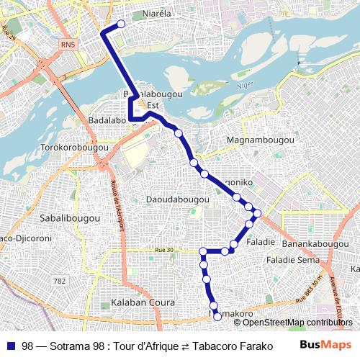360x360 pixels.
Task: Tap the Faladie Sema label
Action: tap(293, 259)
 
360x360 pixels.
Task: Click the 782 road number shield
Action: tap(60, 280)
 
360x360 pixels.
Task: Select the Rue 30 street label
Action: tap(164, 250)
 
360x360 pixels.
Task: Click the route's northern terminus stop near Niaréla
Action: tap(121, 24)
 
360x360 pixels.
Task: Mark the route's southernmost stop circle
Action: tap(217, 318)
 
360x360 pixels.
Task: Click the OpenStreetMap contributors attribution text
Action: tap(288, 322)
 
